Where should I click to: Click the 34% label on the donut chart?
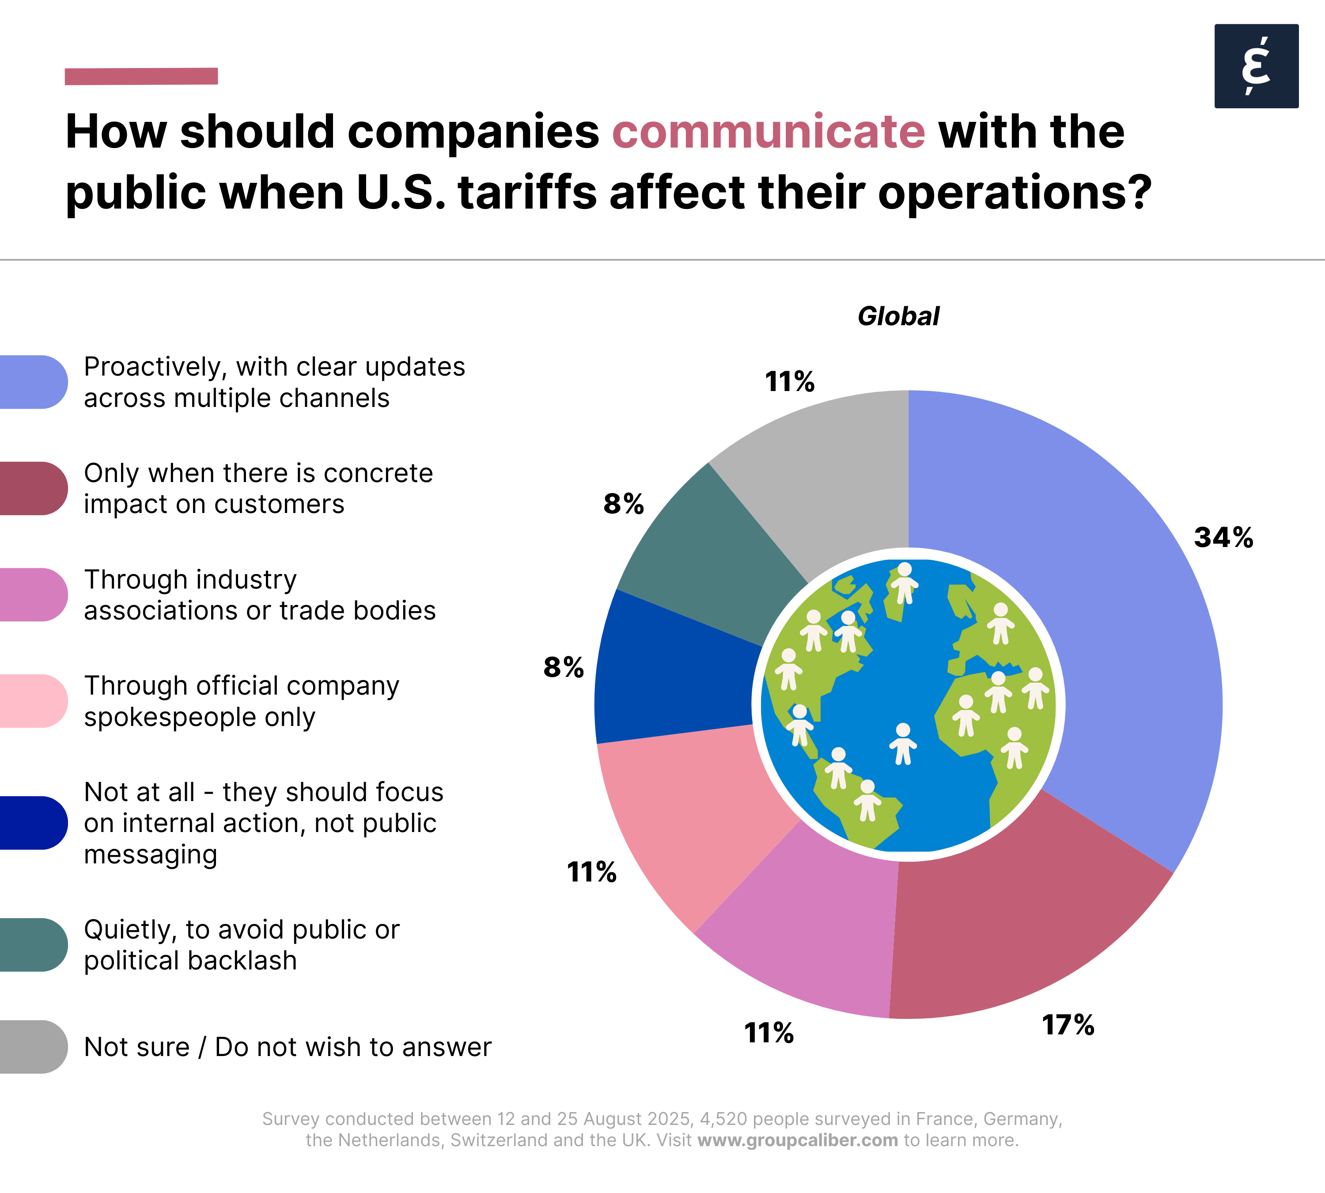coord(1223,537)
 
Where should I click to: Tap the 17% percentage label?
coord(1068,1025)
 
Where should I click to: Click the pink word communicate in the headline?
coord(768,132)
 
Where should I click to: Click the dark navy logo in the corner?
coord(1256,66)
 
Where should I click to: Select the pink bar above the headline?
coord(141,76)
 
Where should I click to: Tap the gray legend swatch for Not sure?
coord(33,1047)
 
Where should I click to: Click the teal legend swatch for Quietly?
coord(33,945)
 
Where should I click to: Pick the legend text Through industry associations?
coord(260,595)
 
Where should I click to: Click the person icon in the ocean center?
coord(903,743)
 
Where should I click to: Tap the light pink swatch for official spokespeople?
coord(33,701)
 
